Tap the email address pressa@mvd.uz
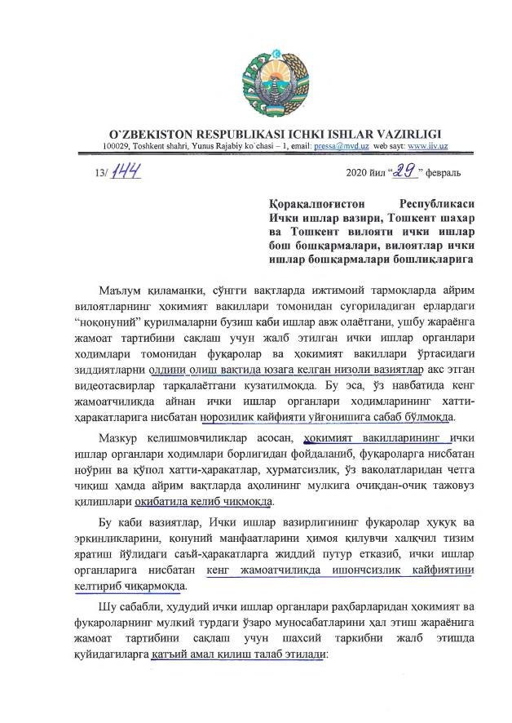tap(342, 144)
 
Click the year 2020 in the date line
tap(356, 173)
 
